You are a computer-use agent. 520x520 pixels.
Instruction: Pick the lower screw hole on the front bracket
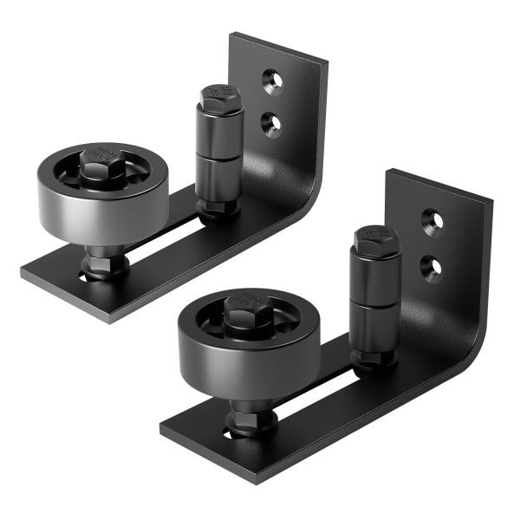point(431,267)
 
